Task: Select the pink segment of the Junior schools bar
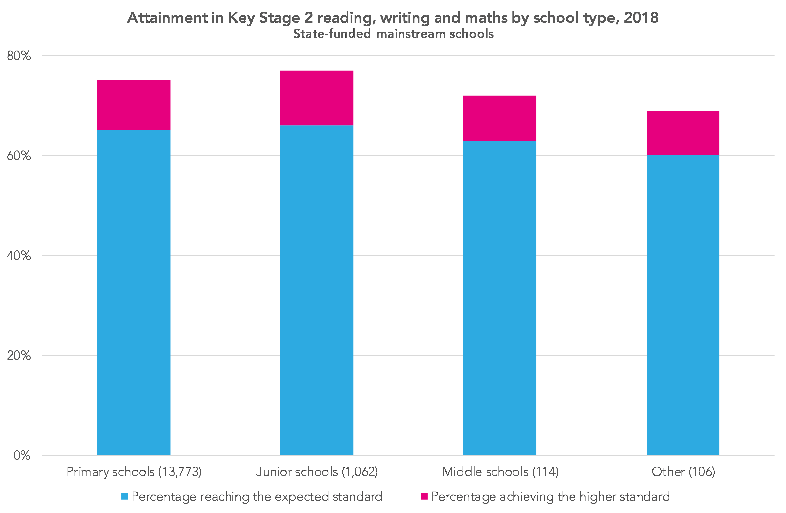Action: point(316,98)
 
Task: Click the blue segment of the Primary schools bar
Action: point(134,293)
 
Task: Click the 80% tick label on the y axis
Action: point(19,56)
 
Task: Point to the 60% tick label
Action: point(19,156)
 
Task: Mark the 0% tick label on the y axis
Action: point(22,456)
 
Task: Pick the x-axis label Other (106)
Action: point(683,472)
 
